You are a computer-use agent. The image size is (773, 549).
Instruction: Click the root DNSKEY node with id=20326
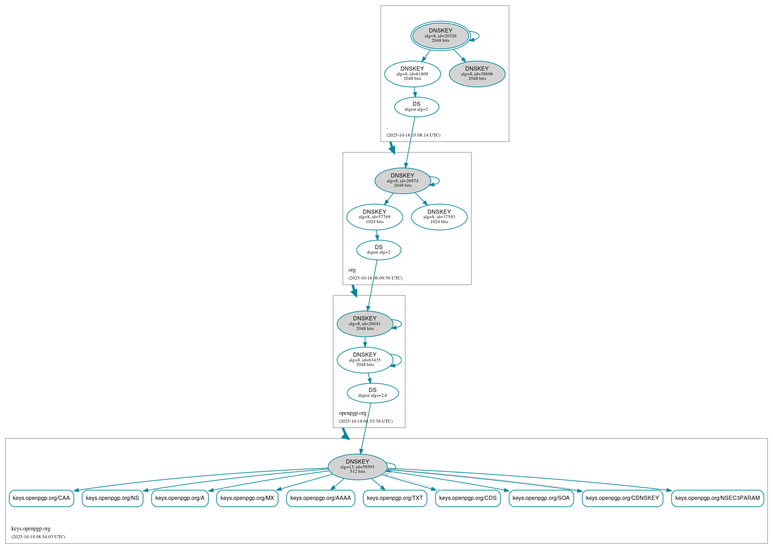pos(440,36)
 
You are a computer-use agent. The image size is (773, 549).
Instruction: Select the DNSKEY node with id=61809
pos(412,74)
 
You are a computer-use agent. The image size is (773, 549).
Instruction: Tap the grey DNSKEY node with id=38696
pos(477,74)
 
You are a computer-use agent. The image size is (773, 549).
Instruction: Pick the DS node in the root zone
pos(416,107)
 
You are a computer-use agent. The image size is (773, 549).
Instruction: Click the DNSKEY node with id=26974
pos(403,181)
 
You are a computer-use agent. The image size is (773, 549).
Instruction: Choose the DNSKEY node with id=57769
pos(375,217)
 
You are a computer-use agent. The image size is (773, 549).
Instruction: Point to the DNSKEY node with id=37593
pos(439,217)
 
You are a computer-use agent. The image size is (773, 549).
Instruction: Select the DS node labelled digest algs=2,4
pos(372,393)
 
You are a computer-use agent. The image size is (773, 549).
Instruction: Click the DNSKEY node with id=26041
pos(365,323)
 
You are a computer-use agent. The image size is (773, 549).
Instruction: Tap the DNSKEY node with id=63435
pos(365,360)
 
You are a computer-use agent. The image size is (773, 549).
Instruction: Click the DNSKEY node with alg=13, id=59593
pos(357,467)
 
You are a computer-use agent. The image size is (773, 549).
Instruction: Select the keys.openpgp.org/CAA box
pos(41,498)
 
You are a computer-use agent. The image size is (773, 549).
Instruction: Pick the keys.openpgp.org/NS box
pos(113,498)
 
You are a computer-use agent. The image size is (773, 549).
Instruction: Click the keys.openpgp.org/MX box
pos(247,498)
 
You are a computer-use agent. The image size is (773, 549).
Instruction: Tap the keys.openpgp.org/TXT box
pos(395,498)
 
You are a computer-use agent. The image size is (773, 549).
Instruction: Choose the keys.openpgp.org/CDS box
pos(468,498)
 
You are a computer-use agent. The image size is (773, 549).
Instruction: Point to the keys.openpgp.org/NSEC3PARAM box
pos(717,498)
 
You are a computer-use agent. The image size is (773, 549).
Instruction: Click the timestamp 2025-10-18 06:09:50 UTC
pos(375,278)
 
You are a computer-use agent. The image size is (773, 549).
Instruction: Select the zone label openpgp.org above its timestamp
pos(352,413)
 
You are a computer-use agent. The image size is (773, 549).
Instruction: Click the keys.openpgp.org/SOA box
pos(541,498)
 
